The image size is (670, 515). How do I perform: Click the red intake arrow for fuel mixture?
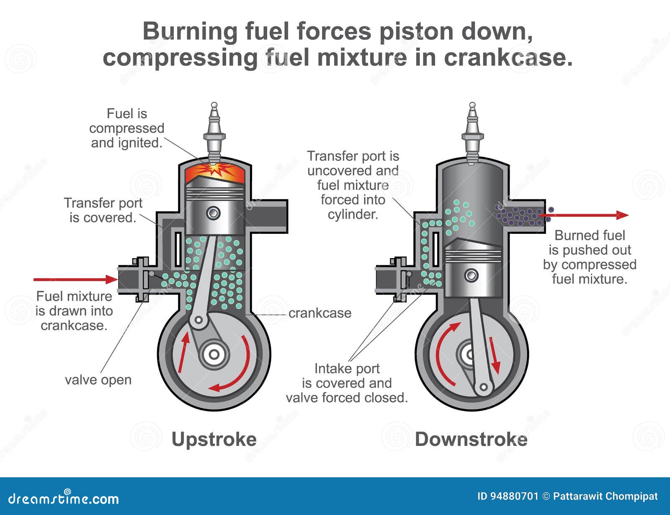pos(75,279)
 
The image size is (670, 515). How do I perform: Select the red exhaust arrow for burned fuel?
pos(586,215)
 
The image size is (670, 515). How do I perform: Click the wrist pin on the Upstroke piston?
pos(214,213)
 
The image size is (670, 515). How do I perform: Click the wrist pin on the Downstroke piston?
pos(472,275)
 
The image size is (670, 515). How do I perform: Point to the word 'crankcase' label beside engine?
pos(320,313)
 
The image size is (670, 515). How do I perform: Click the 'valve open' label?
pos(98,380)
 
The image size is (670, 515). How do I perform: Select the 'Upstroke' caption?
pos(214,439)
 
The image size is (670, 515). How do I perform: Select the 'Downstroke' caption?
pos(471,439)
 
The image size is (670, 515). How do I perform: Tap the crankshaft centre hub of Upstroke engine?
pos(214,355)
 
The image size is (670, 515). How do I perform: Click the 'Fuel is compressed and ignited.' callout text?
pos(126,128)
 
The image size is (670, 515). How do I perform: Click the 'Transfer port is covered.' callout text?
pos(103,210)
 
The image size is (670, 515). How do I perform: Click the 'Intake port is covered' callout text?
pos(347,383)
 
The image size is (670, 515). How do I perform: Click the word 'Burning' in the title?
pos(190,31)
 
